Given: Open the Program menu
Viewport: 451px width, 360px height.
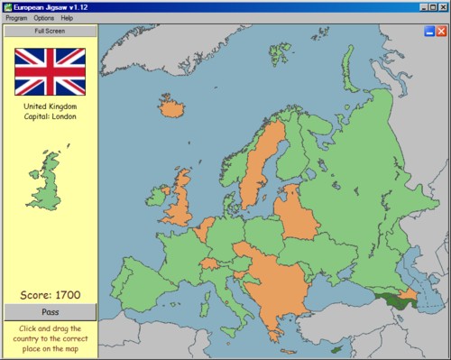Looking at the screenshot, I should click(16, 18).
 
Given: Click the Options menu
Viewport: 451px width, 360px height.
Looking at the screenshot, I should click(44, 18).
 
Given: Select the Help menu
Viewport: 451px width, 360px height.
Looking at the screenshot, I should click(68, 18).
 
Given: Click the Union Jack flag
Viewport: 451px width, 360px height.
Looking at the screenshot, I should click(51, 71).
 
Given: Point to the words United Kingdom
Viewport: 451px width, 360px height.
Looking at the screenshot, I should click(51, 106).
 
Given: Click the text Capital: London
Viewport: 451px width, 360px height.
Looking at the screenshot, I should click(51, 116).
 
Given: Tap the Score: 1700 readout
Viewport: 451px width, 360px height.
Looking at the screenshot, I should click(51, 295).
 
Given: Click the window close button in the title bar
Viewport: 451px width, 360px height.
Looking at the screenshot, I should click(442, 6).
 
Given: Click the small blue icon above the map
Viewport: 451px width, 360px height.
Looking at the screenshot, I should click(428, 32).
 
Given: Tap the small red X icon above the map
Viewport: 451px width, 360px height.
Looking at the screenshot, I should click(441, 32).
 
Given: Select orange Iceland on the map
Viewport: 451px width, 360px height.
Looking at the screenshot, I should click(171, 109).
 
